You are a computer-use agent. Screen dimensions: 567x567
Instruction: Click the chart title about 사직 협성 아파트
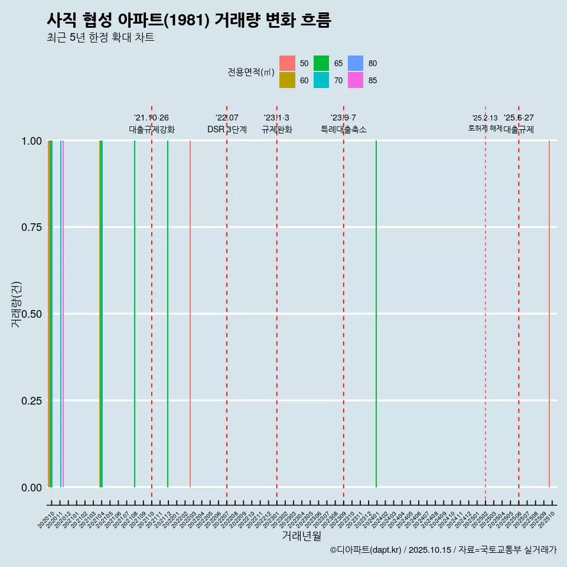[x=189, y=20]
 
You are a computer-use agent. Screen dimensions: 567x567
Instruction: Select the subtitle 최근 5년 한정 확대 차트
[x=100, y=38]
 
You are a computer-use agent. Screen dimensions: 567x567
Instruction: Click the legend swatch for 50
[x=287, y=63]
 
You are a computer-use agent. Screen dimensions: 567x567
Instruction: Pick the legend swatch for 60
[x=287, y=80]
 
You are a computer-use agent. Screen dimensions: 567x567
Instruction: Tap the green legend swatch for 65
[x=321, y=63]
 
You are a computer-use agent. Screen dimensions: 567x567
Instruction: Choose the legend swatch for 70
[x=321, y=80]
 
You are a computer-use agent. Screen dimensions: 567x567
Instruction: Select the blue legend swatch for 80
[x=356, y=63]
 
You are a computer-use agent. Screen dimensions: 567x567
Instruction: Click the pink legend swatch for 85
[x=356, y=80]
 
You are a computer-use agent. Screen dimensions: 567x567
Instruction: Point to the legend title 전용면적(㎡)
[x=250, y=72]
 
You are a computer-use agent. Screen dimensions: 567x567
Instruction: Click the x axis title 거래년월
[x=301, y=536]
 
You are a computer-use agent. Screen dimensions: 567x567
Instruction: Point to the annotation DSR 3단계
[x=227, y=129]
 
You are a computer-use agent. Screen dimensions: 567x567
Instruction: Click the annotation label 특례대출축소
[x=344, y=129]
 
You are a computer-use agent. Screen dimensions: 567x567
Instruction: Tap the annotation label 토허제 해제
[x=485, y=128]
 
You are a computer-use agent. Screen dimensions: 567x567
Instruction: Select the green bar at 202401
[x=376, y=313]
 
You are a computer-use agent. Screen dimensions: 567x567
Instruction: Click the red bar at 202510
[x=549, y=313]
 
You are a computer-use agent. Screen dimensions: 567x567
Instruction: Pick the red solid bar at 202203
[x=190, y=313]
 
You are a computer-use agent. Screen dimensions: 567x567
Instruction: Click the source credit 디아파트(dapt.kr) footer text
[x=443, y=550]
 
